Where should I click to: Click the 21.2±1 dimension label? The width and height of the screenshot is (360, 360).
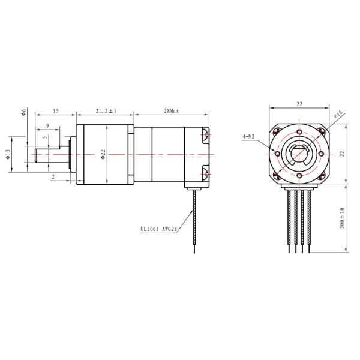(106, 111)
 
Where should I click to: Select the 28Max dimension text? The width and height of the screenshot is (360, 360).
(171, 111)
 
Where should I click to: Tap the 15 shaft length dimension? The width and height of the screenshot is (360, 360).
(56, 111)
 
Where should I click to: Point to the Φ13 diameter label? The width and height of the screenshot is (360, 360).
(8, 154)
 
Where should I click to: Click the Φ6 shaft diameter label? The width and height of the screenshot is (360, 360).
(23, 112)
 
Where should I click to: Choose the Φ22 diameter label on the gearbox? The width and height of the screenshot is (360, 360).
(103, 154)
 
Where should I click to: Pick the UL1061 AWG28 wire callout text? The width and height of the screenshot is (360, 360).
(158, 229)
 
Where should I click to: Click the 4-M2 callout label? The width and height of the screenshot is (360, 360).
(248, 137)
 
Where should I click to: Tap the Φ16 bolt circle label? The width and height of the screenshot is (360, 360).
(338, 113)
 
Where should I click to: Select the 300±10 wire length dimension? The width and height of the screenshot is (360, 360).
(342, 218)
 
